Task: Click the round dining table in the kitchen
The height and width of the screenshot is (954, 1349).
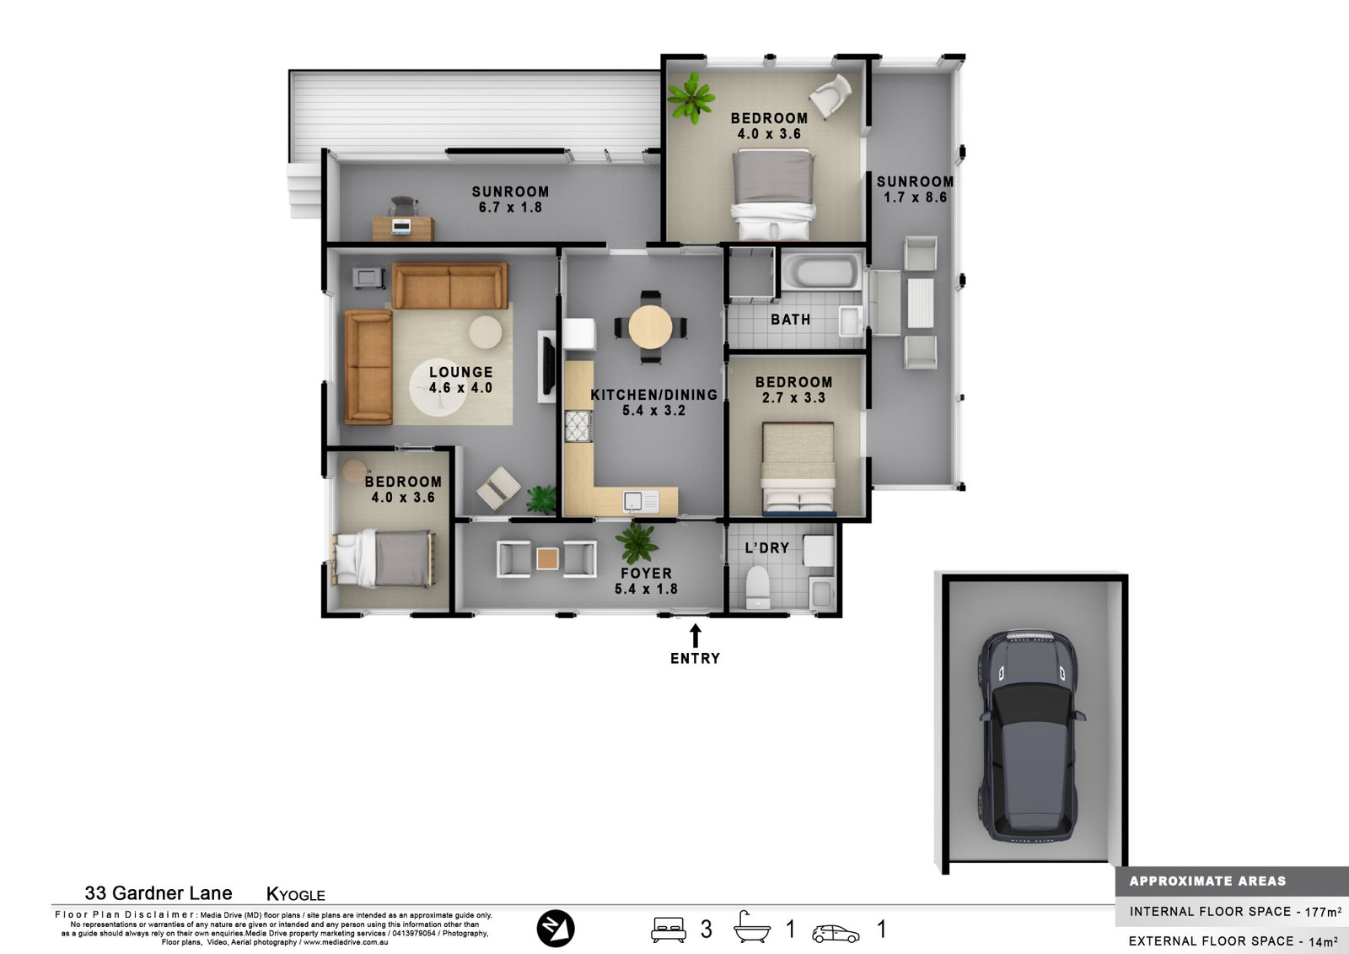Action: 650,327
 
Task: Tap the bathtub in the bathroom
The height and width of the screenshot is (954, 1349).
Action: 821,272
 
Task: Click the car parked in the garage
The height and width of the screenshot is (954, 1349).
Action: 1032,736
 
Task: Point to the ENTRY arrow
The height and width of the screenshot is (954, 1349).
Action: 695,635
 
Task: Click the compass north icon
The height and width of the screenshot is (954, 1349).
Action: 556,928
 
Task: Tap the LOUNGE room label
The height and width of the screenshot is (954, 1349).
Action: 460,372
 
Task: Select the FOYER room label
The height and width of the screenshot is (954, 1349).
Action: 646,573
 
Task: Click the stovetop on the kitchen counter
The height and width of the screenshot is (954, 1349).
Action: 578,425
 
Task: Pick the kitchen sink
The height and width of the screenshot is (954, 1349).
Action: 641,501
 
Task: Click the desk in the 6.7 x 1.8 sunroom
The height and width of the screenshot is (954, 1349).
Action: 403,229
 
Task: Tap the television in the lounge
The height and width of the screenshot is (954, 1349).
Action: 547,366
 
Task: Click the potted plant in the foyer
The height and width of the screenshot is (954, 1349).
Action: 637,543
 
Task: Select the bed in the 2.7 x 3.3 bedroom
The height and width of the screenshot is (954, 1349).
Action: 798,469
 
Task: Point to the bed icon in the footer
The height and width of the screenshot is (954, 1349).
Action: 668,930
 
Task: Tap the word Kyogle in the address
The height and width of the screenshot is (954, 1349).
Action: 296,894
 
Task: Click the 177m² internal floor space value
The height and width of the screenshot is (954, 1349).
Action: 1323,912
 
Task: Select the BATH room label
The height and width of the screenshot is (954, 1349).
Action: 790,320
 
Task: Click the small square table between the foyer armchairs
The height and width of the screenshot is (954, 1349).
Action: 547,558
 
